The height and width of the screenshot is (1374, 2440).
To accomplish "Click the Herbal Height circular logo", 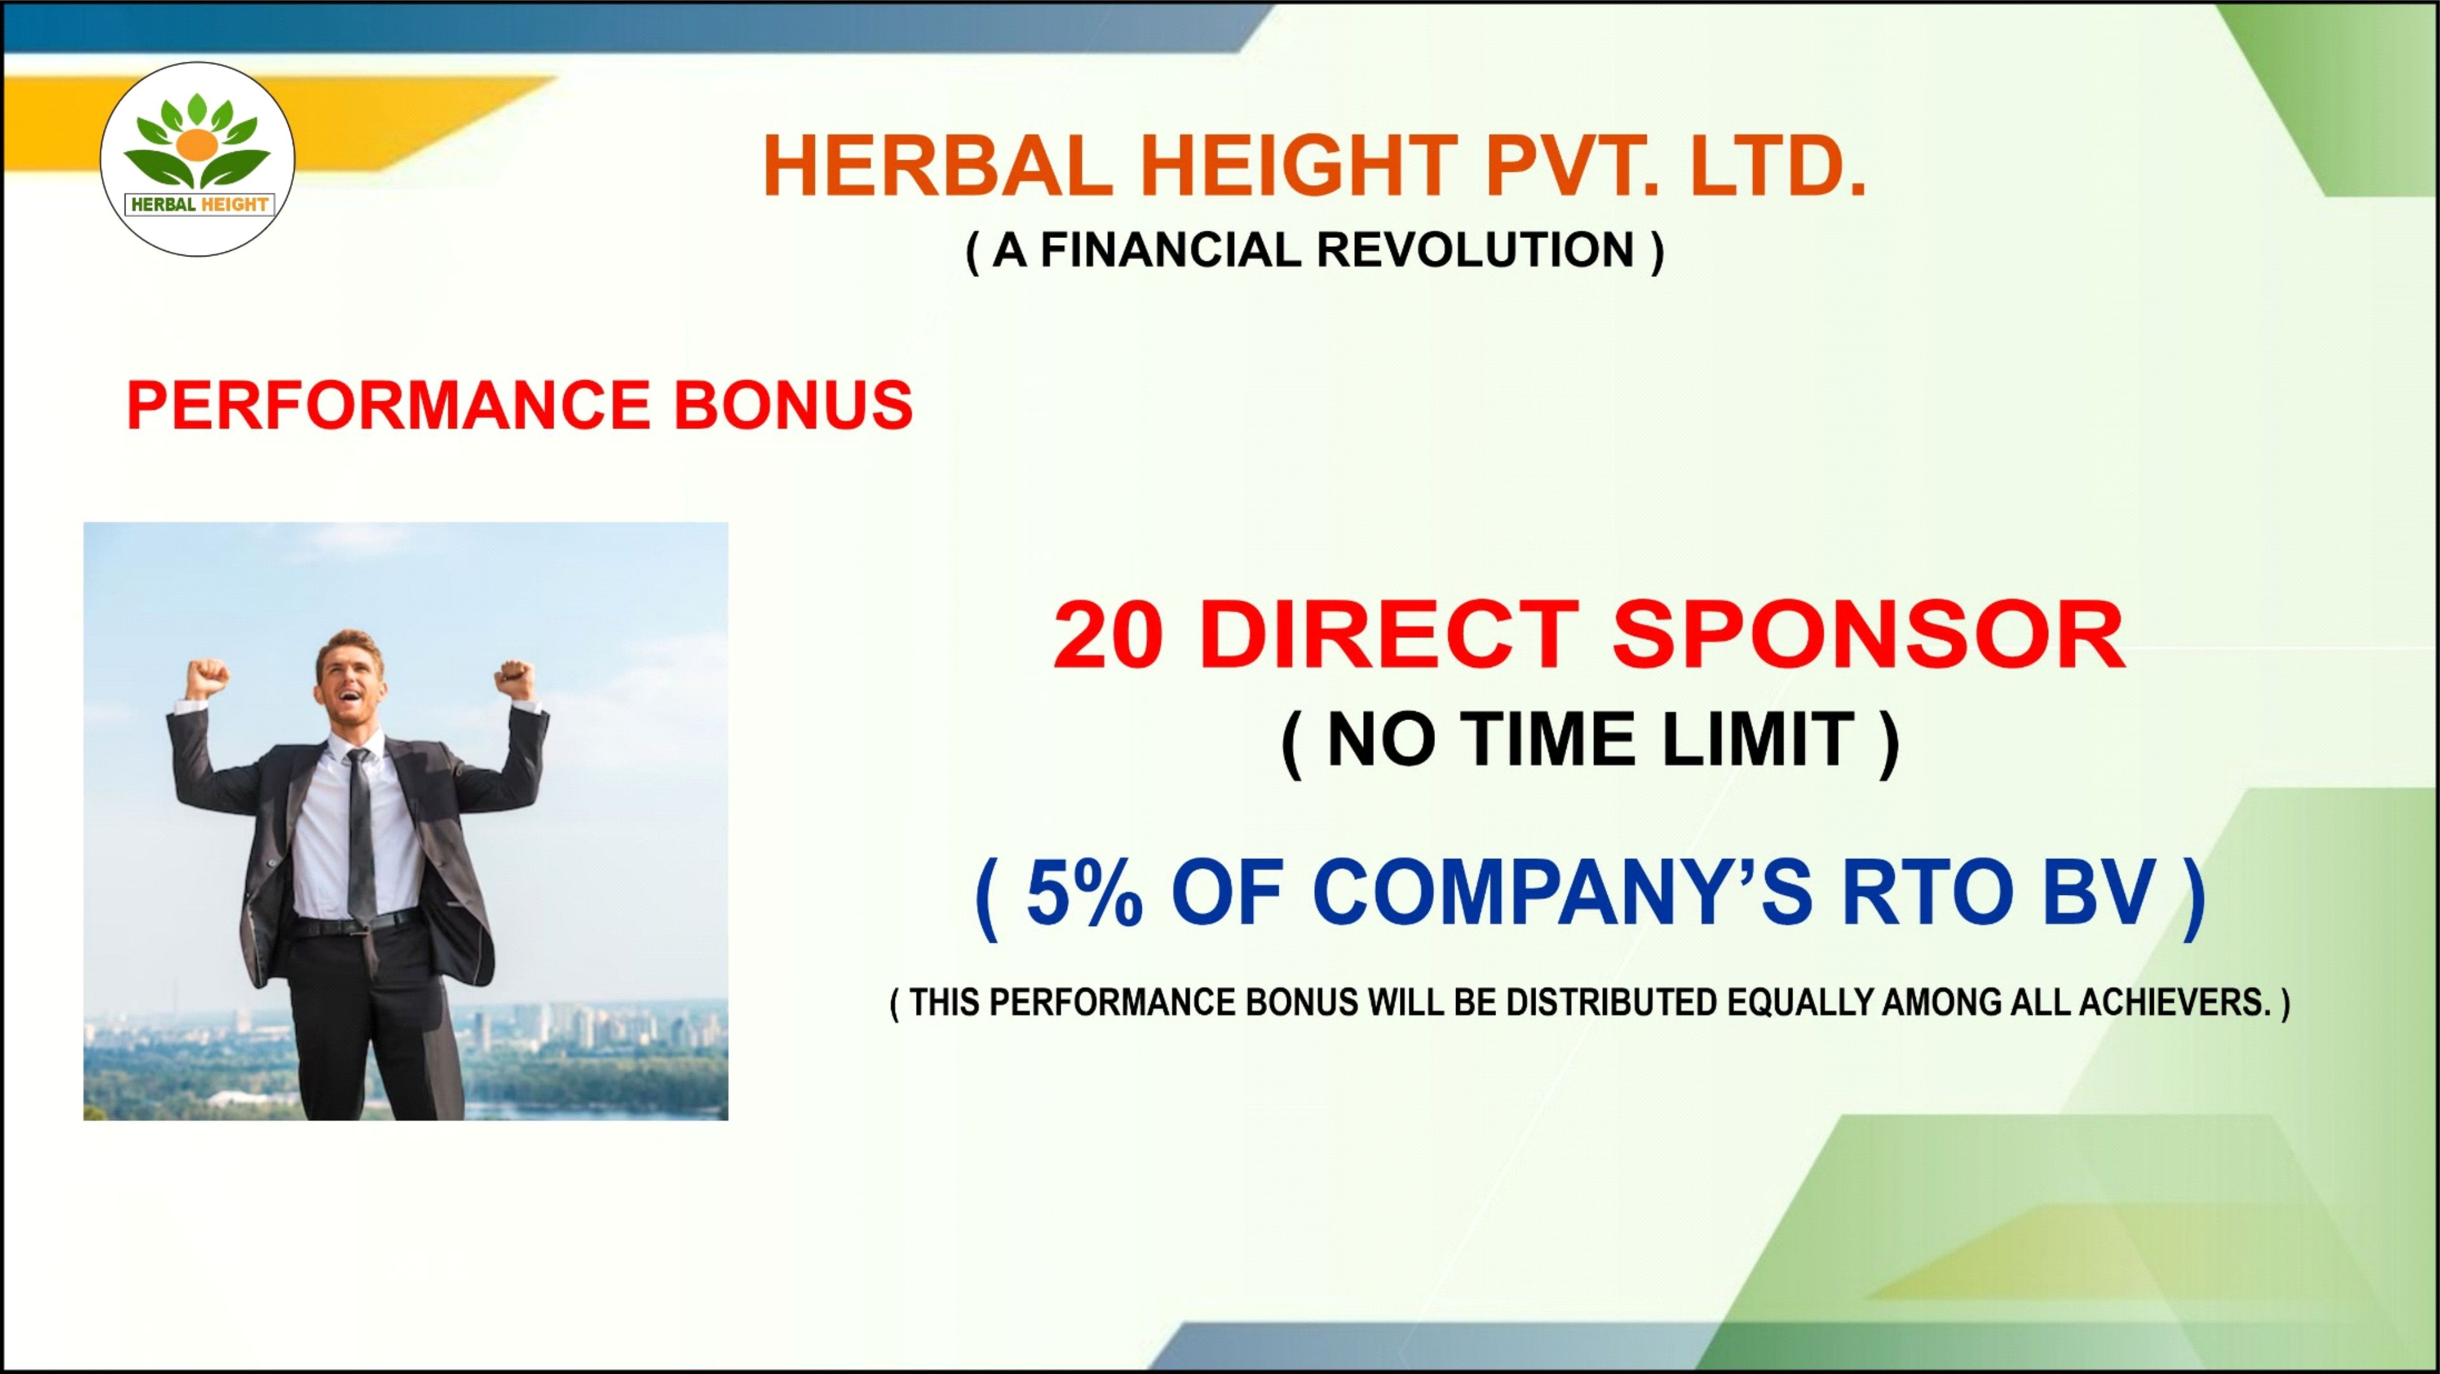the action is [x=197, y=159].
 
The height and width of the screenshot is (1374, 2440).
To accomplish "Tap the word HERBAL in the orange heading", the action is [x=938, y=166].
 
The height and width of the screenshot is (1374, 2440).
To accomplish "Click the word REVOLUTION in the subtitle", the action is [x=1476, y=250].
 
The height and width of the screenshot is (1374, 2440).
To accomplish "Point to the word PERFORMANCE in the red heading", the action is [x=387, y=405].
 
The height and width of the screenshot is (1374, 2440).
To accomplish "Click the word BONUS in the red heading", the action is [x=793, y=405].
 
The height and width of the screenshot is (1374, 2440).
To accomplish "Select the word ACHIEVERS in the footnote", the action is [x=2176, y=1002].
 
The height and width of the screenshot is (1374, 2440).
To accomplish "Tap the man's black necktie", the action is [x=360, y=833].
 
